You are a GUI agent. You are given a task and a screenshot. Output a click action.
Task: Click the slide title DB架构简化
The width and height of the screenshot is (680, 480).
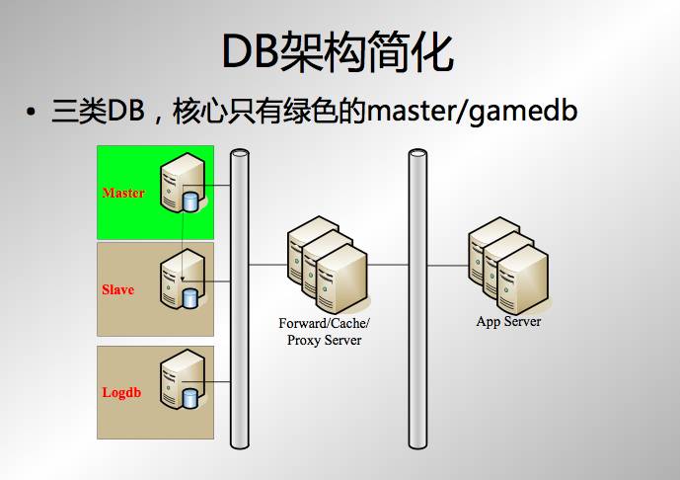pyautogui.click(x=339, y=49)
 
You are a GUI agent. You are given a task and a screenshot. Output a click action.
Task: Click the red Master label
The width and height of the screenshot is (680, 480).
pyautogui.click(x=123, y=193)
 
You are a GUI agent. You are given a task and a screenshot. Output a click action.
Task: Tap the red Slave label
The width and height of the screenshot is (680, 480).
pyautogui.click(x=117, y=290)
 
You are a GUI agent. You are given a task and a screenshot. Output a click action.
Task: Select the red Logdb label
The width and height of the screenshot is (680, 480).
pyautogui.click(x=121, y=392)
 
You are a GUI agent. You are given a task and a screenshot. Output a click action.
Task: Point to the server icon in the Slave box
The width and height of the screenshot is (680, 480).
pyautogui.click(x=181, y=280)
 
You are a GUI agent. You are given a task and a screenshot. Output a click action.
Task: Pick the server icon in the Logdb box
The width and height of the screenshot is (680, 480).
pyautogui.click(x=181, y=381)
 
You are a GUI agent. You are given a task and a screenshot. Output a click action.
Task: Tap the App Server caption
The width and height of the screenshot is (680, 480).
pyautogui.click(x=508, y=322)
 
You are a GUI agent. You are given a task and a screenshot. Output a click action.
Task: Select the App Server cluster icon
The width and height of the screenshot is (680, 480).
pyautogui.click(x=508, y=261)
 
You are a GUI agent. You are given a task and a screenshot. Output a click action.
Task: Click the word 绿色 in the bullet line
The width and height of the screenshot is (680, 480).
pyautogui.click(x=312, y=111)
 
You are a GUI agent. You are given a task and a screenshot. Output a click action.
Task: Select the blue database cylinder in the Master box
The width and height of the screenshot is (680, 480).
pyautogui.click(x=190, y=201)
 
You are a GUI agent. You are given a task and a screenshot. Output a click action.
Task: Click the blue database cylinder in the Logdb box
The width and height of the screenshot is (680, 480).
pyautogui.click(x=190, y=398)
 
